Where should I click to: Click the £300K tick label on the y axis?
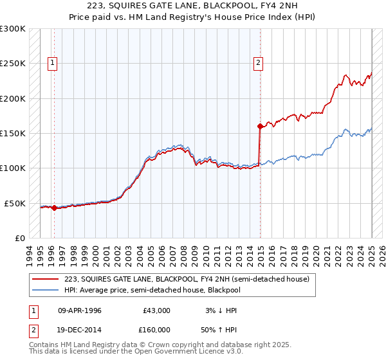(13, 29)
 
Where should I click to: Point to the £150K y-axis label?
(13, 133)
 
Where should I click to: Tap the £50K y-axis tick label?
(15, 203)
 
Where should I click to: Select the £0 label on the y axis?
(20, 238)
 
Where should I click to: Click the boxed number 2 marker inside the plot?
(258, 62)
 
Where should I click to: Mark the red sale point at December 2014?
(260, 126)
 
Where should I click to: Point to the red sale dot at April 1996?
(54, 208)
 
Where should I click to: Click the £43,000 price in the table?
(156, 310)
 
